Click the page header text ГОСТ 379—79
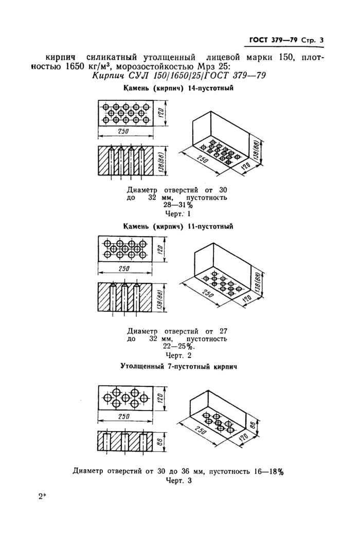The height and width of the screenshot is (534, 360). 273,40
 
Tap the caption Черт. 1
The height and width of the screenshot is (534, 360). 178,214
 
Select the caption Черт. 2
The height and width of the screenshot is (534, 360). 178,355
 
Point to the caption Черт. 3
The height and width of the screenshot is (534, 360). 178,480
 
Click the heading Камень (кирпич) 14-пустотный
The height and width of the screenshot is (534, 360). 178,88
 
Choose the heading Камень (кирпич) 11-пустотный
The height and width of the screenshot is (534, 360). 178,226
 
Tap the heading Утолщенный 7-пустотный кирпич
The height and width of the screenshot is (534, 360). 179,367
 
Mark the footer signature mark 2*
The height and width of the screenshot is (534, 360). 42,497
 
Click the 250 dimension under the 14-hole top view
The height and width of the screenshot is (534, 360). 123,131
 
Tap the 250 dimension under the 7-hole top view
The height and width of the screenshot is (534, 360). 123,416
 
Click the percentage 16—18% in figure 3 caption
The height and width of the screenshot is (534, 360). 269,472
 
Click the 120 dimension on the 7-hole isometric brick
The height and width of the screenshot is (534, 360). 244,437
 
